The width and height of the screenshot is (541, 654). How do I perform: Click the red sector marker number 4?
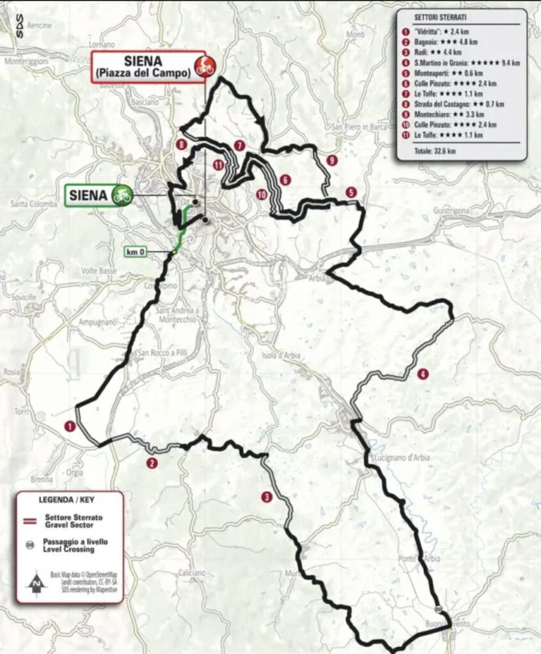tap(422, 375)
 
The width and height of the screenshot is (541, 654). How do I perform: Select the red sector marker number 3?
tap(266, 496)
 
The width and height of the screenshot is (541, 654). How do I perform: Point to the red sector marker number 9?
tap(331, 161)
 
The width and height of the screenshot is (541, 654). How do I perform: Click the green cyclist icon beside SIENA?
tap(122, 195)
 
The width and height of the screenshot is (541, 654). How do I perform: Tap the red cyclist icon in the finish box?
tap(205, 66)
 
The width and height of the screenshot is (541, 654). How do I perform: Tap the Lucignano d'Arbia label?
tap(400, 458)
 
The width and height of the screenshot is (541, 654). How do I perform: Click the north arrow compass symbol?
tap(36, 582)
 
